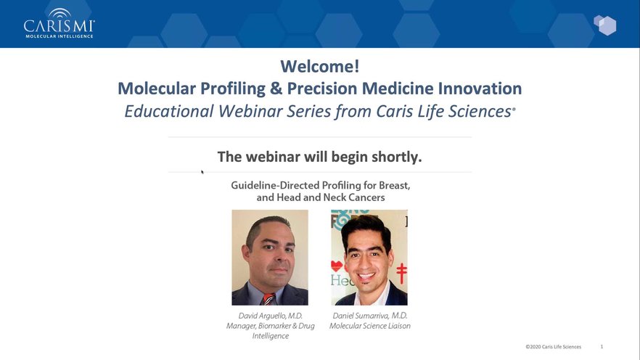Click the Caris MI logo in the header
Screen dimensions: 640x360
pos(60,23)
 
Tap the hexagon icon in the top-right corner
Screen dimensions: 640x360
pos(605,25)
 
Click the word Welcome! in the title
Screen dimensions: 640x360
pos(319,66)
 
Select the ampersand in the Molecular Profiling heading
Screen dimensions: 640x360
pos(276,89)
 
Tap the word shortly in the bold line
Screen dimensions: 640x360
pos(396,157)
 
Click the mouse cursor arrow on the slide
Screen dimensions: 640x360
pos(202,172)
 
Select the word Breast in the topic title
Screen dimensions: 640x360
pos(394,185)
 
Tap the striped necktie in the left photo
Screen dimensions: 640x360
pos(268,299)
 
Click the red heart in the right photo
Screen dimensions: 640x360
pos(337,266)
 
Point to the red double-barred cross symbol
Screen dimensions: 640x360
pos(402,274)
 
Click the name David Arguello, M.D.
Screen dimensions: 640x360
pos(270,316)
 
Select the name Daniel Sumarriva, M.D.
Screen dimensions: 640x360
pos(370,316)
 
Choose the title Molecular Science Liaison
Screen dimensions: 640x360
pos(370,326)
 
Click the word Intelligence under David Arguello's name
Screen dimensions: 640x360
pos(270,336)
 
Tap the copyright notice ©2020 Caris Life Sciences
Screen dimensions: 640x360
pos(553,347)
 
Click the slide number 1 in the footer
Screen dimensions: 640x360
pos(602,346)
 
